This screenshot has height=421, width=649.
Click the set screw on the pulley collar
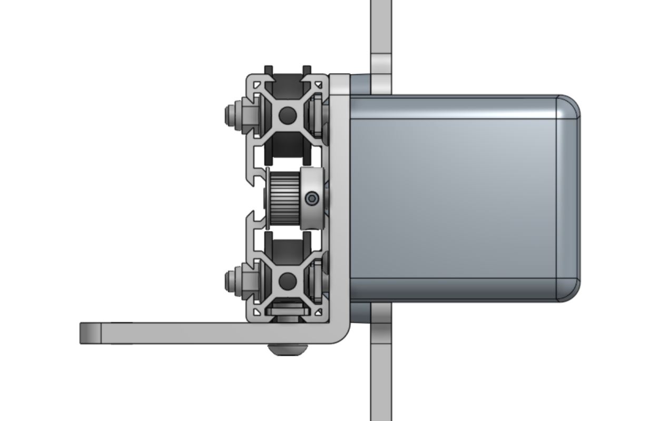pyautogui.click(x=312, y=198)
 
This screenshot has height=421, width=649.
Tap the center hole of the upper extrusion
pyautogui.click(x=287, y=115)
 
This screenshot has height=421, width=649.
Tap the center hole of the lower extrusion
pyautogui.click(x=287, y=281)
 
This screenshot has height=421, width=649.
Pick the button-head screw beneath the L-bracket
pyautogui.click(x=287, y=349)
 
